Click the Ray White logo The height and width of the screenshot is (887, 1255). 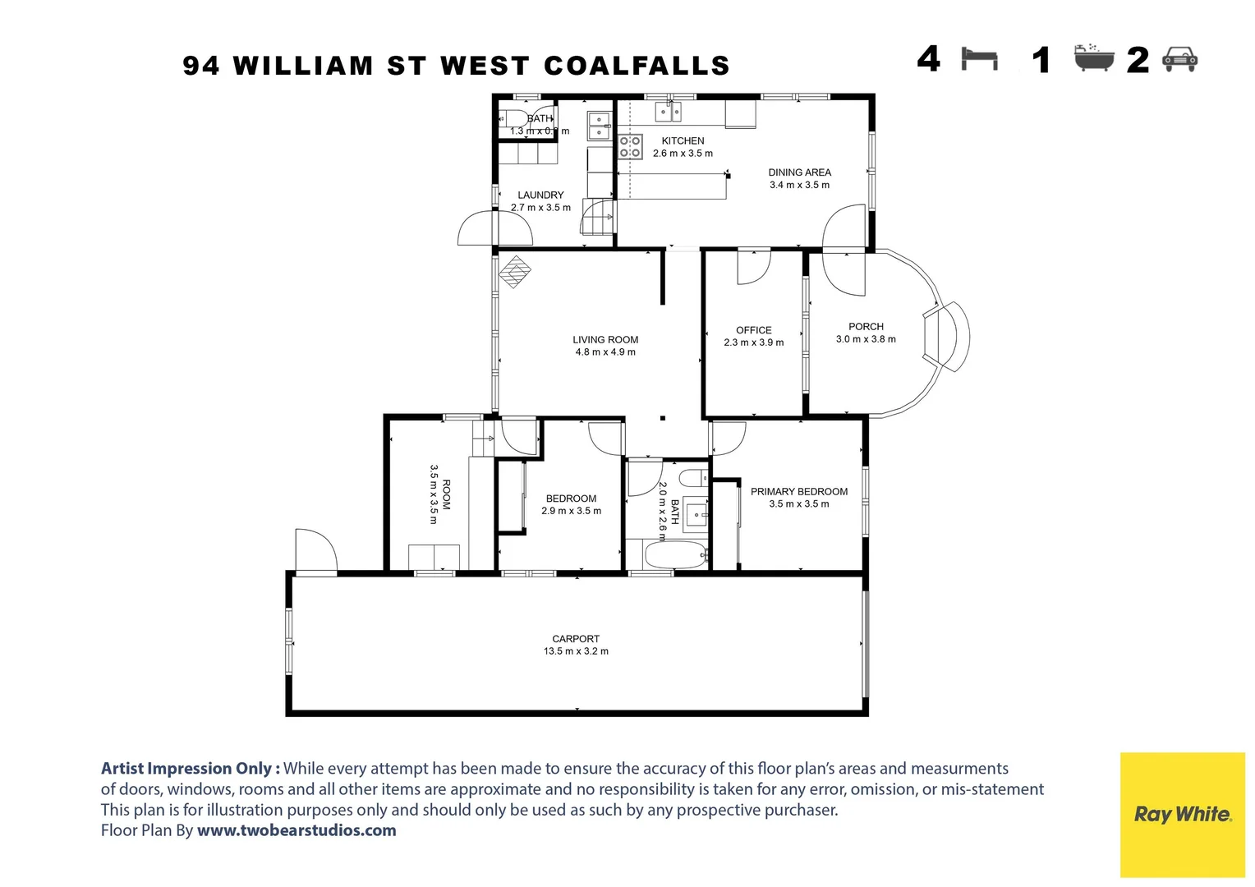tap(1182, 814)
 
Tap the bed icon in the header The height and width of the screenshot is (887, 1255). tap(979, 59)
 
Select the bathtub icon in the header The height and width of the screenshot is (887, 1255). tap(1094, 58)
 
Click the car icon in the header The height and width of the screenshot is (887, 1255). tap(1180, 59)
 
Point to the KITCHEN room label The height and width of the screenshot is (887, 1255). tap(683, 141)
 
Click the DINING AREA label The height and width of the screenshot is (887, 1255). tap(799, 172)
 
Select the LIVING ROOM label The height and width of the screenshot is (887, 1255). tap(605, 340)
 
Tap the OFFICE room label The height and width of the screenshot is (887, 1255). tap(753, 330)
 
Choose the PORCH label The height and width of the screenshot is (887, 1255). tap(866, 327)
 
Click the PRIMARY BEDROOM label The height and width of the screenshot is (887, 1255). tap(798, 492)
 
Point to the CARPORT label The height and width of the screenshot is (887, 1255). tap(576, 639)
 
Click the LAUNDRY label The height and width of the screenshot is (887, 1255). tap(540, 195)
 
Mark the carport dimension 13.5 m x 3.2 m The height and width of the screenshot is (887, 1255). tap(576, 651)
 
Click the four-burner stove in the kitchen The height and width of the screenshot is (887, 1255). tap(630, 147)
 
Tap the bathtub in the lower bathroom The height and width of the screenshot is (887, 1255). tap(675, 555)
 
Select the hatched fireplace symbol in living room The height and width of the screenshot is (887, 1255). tap(515, 272)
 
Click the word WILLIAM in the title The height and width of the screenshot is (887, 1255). tap(303, 66)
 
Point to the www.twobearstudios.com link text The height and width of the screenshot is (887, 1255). tap(297, 830)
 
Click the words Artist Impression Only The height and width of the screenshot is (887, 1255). tap(190, 769)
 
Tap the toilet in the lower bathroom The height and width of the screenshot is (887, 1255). tap(692, 478)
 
